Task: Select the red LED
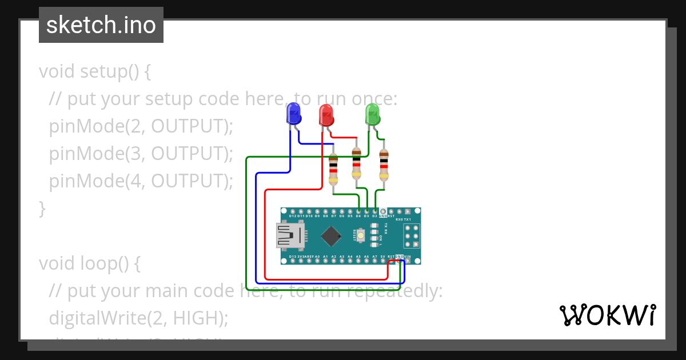pyautogui.click(x=326, y=115)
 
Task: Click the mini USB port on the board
pyautogui.click(x=290, y=236)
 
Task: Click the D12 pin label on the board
pyautogui.click(x=293, y=216)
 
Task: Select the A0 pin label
pyautogui.click(x=317, y=257)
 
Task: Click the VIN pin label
pyautogui.click(x=407, y=257)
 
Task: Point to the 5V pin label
pyautogui.click(x=382, y=257)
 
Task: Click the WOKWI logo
pyautogui.click(x=607, y=315)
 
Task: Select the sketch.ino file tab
pyautogui.click(x=101, y=25)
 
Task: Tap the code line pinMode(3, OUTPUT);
pyautogui.click(x=141, y=154)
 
